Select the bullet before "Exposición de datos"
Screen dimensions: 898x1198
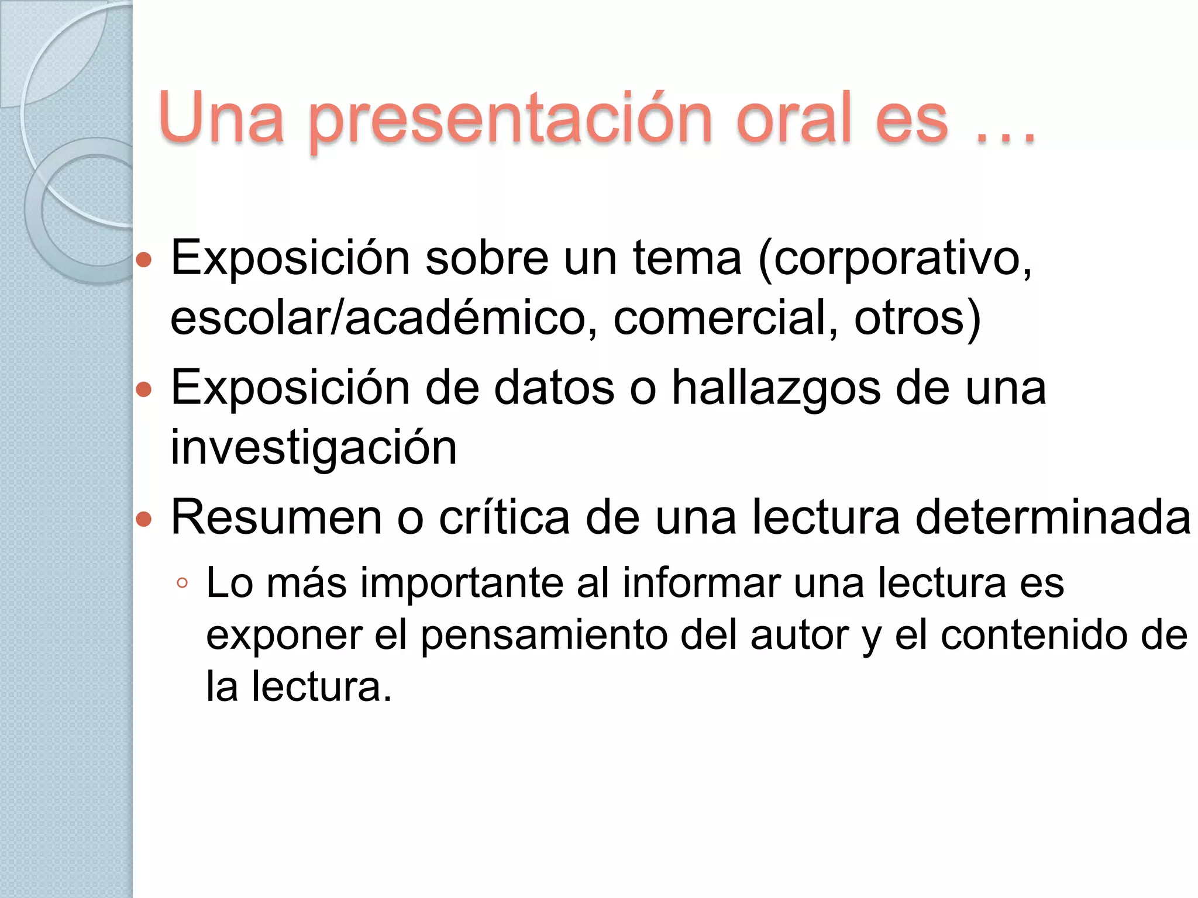click(144, 389)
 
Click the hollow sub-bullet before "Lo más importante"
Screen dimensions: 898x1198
click(182, 583)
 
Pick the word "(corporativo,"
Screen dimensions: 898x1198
click(894, 259)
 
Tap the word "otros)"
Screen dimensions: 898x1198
click(917, 319)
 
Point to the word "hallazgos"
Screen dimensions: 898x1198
click(776, 389)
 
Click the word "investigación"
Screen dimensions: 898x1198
click(314, 449)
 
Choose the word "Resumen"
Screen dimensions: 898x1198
click(276, 518)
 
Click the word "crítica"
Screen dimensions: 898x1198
click(504, 518)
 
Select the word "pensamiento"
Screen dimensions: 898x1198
click(543, 635)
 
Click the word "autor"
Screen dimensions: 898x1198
click(799, 635)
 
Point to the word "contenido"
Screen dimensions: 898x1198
click(1033, 635)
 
